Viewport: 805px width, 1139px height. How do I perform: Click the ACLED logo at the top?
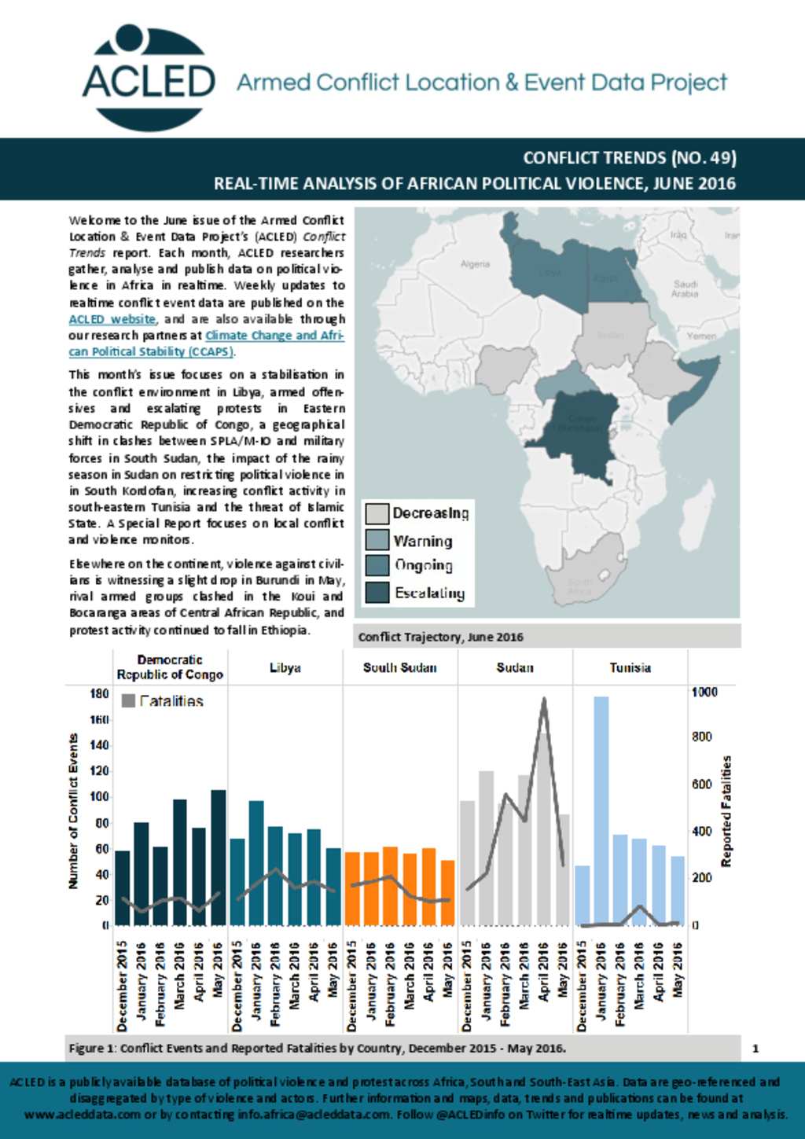click(x=149, y=78)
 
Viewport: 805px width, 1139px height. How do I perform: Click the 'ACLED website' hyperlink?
click(x=112, y=319)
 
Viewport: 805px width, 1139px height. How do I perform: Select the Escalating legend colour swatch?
click(x=377, y=592)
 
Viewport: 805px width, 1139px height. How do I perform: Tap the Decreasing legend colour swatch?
click(x=377, y=513)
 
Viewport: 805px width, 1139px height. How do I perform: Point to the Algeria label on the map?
click(x=475, y=264)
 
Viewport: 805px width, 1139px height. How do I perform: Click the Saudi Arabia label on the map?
click(x=685, y=288)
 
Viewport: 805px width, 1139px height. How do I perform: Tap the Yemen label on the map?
click(x=701, y=336)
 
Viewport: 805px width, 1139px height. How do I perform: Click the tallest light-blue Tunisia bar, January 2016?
click(x=601, y=810)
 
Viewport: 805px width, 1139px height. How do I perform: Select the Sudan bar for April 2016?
click(x=543, y=829)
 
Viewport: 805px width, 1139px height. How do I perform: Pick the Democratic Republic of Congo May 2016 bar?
click(x=218, y=857)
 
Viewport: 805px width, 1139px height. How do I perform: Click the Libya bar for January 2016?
click(x=256, y=862)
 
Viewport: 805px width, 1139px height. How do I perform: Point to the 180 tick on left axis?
click(x=99, y=693)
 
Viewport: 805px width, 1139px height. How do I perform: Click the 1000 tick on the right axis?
click(x=704, y=692)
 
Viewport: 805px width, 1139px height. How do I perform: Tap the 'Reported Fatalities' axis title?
click(x=726, y=811)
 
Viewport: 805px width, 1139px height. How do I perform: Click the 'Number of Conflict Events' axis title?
click(x=73, y=811)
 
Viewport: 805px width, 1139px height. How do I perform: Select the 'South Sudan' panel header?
click(x=399, y=667)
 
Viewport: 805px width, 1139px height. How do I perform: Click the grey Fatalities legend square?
click(x=128, y=700)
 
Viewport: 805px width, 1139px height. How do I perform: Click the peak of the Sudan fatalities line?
click(x=543, y=699)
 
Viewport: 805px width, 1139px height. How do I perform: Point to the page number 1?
click(x=755, y=1048)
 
